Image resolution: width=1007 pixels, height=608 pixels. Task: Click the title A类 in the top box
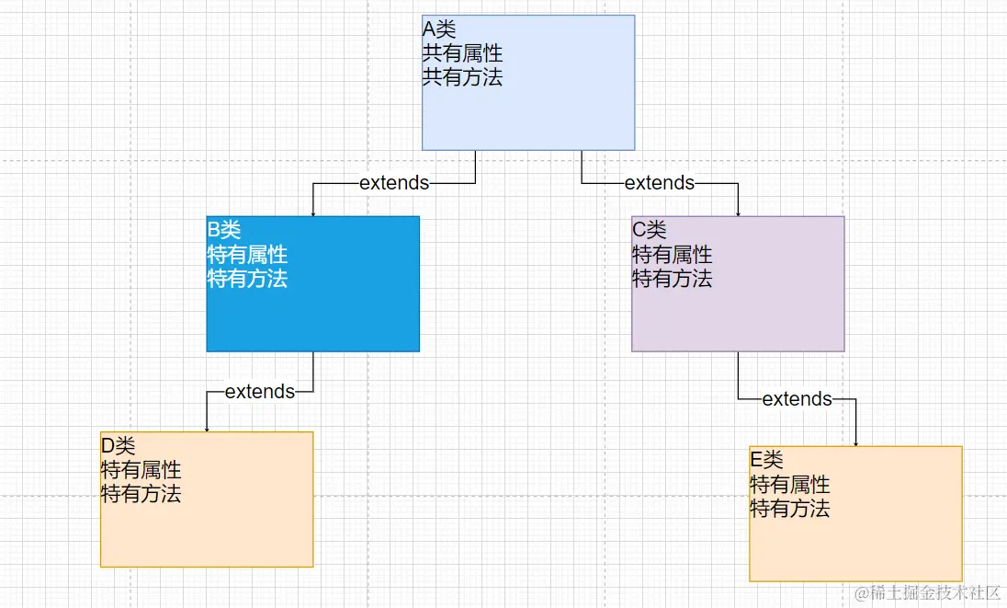438,29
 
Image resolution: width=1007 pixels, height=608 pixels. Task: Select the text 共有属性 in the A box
462,53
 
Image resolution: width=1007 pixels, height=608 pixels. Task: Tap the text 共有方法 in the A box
462,77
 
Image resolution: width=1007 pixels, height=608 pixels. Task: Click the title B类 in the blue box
224,230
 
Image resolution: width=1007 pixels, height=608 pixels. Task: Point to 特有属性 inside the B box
247,255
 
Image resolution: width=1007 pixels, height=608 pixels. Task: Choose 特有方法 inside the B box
247,279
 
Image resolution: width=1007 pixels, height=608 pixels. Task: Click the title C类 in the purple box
650,230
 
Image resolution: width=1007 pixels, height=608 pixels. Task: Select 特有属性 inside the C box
673,255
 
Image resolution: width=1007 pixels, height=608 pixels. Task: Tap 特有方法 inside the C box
673,279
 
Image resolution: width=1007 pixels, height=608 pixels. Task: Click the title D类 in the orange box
118,446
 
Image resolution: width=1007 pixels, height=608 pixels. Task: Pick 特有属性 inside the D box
141,470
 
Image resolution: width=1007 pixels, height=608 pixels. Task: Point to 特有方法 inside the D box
141,494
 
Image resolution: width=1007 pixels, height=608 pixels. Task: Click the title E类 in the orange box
767,460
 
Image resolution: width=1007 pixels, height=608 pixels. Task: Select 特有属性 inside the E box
790,485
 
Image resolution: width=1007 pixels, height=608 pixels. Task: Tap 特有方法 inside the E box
790,509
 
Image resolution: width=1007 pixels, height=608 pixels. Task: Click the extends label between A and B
394,183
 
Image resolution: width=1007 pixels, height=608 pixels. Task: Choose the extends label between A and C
660,183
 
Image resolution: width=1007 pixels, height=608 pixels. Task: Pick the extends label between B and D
260,392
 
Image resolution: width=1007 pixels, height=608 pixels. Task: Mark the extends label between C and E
798,399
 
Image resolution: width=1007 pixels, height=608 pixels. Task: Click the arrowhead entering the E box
856,442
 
